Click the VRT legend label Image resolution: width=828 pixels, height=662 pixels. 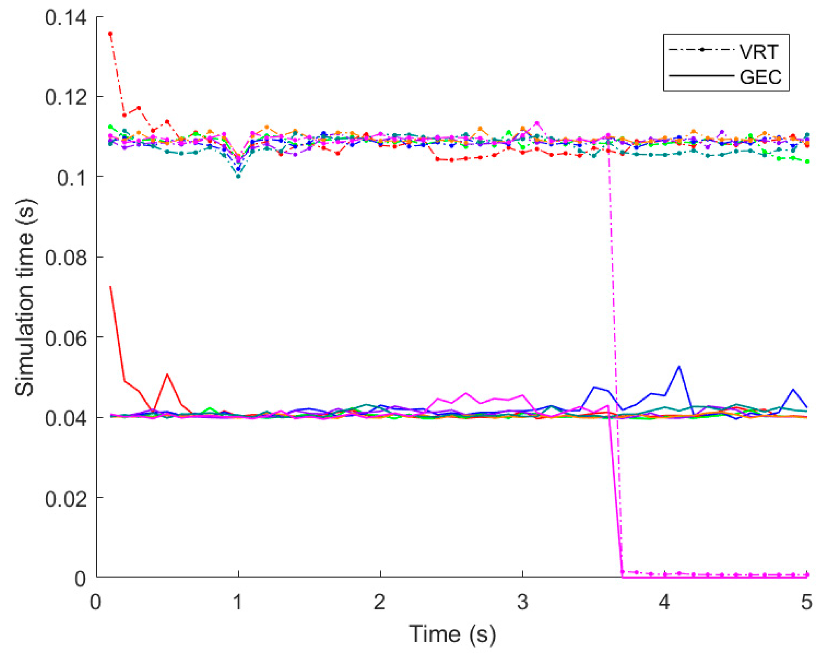[758, 52]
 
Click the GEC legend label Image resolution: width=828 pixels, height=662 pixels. [760, 77]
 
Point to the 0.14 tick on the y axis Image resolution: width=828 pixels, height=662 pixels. [66, 18]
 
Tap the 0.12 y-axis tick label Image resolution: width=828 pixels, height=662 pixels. [66, 97]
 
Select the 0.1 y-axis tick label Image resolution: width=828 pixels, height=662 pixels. [71, 178]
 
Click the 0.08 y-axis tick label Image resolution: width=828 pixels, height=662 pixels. [66, 258]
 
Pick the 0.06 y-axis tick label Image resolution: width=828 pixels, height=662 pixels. [66, 338]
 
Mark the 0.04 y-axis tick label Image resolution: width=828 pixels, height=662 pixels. [66, 418]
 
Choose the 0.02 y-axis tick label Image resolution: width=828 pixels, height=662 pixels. [66, 498]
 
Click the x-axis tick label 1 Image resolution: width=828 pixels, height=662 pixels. [238, 602]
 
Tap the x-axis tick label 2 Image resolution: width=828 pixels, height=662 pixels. [379, 602]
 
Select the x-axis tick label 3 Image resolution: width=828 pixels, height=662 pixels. [522, 602]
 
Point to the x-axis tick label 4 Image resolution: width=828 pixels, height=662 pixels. [664, 602]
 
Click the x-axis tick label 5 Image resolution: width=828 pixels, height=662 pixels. [806, 602]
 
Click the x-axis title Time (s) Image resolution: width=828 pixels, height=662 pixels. [452, 634]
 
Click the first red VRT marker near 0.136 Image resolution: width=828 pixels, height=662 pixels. [110, 34]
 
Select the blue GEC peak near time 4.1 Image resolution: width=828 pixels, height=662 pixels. [679, 367]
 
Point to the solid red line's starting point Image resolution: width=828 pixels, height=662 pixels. [111, 287]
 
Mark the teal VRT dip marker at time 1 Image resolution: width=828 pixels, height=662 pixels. [238, 176]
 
